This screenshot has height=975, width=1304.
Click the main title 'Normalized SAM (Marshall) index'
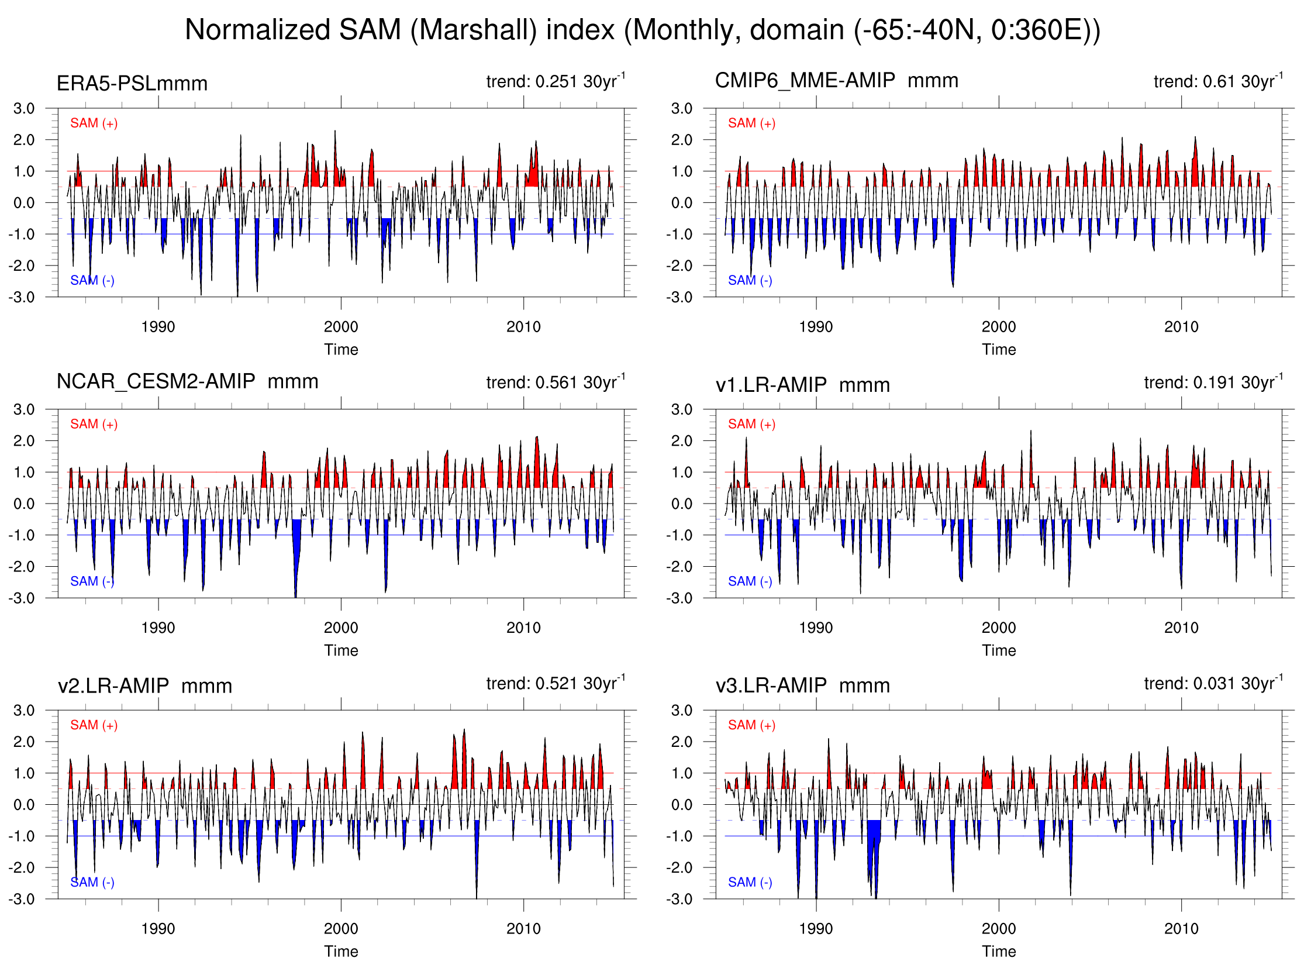click(642, 29)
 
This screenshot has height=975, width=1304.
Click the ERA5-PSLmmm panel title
click(132, 84)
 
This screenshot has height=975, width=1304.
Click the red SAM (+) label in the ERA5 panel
click(94, 123)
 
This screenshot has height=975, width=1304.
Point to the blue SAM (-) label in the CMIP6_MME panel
click(750, 281)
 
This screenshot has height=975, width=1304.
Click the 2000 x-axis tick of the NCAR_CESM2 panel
click(341, 628)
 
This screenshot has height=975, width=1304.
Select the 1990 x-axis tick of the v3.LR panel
click(816, 929)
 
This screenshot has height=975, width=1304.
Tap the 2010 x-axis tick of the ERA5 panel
click(523, 327)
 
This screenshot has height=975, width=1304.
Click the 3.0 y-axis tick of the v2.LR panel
click(23, 710)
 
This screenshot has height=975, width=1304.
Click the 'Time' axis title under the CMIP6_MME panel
click(999, 350)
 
